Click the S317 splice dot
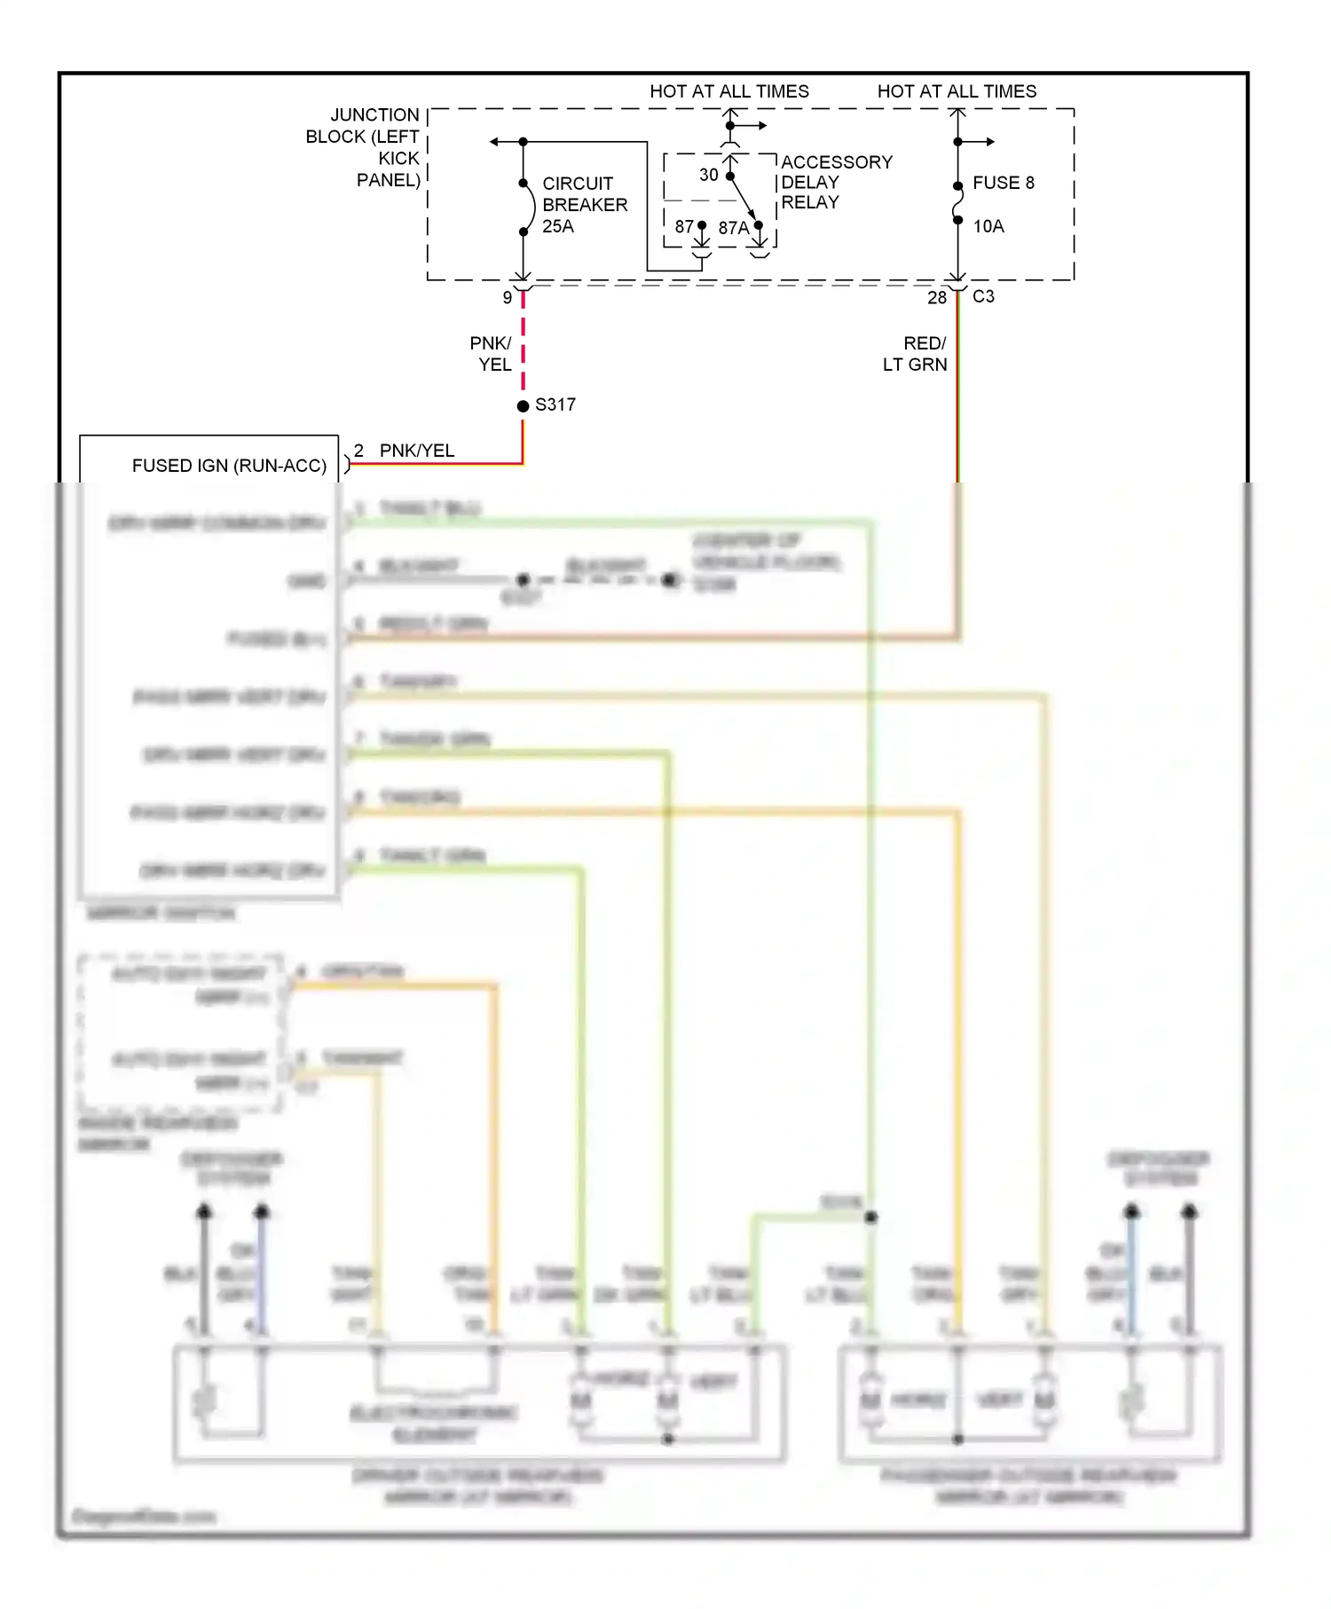click(523, 405)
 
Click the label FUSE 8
click(1003, 183)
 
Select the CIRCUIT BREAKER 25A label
click(584, 205)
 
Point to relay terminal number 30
click(708, 175)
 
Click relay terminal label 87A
click(733, 228)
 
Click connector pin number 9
click(508, 298)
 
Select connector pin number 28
click(936, 298)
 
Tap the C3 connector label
click(983, 296)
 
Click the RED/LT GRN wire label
click(916, 353)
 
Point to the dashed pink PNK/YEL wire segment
click(523, 346)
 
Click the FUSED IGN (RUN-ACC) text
click(229, 466)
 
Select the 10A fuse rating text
click(988, 226)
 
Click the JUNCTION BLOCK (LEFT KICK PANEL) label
click(364, 147)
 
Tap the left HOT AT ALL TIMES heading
click(729, 91)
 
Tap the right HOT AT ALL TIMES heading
click(957, 91)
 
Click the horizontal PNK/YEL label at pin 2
click(416, 451)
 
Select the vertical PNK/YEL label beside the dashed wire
click(491, 353)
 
